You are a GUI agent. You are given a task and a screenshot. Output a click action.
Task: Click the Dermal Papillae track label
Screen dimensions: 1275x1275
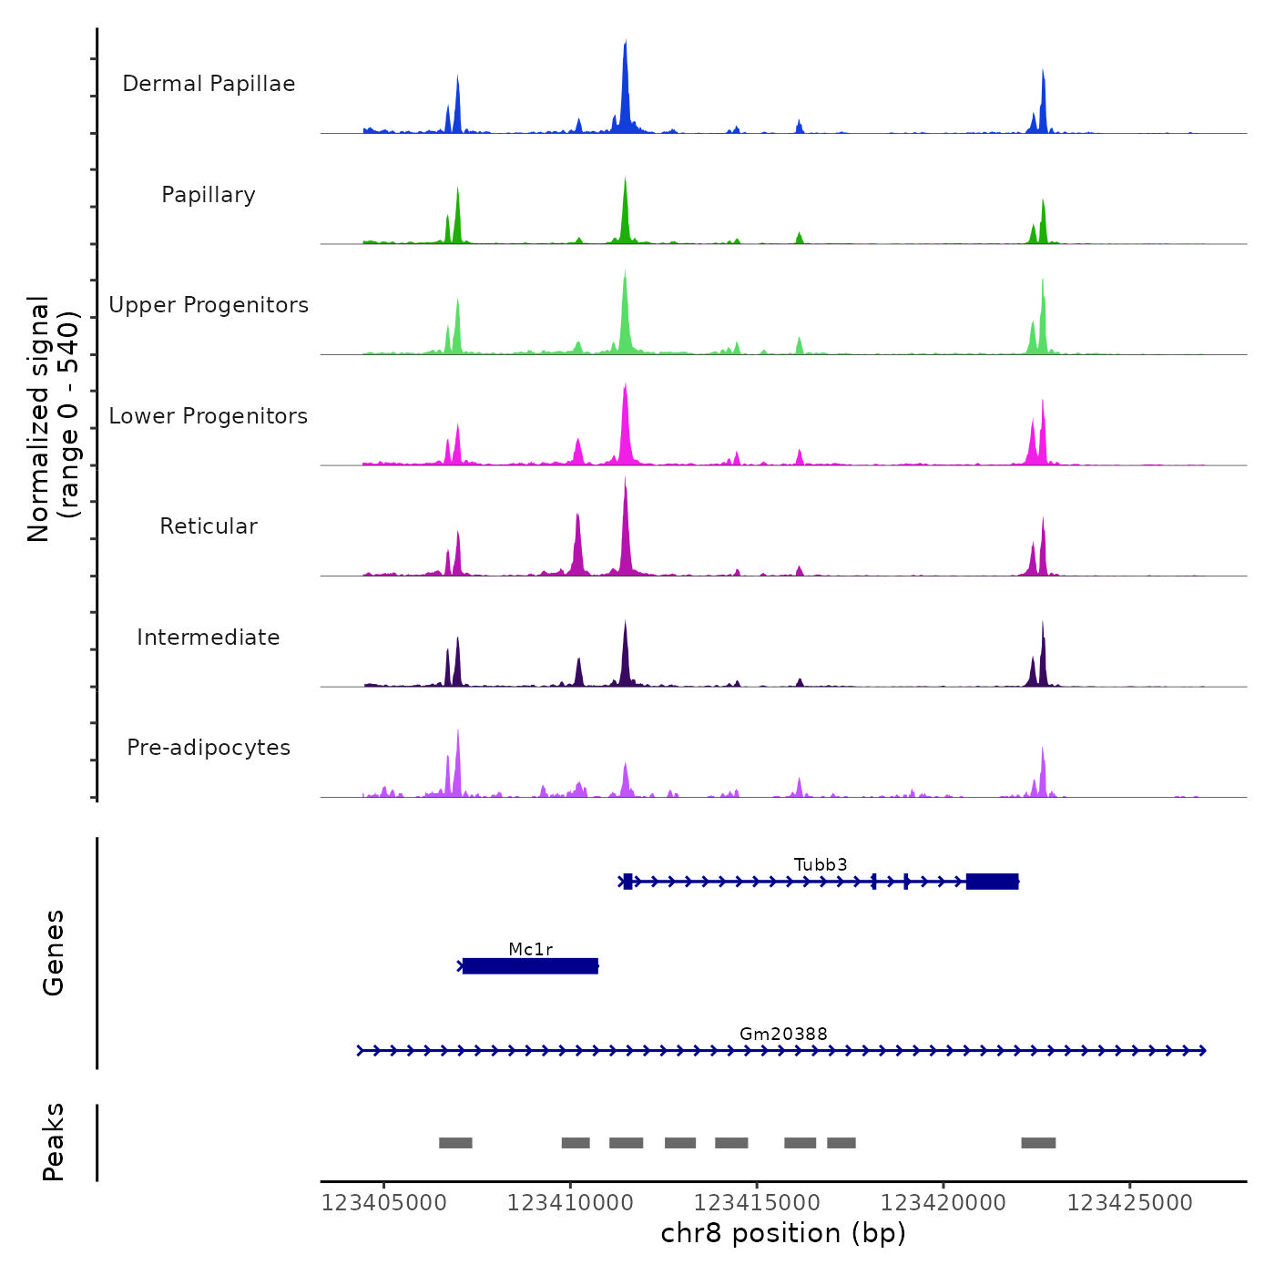[x=209, y=84]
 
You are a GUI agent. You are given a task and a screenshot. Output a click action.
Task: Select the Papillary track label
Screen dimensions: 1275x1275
[x=209, y=195]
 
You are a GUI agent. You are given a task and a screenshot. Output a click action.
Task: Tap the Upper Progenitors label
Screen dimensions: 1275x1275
[x=209, y=305]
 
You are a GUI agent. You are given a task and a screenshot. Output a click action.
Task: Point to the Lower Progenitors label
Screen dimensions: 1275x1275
[x=209, y=416]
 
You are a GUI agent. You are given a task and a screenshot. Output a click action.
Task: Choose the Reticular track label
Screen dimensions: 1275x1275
[x=209, y=526]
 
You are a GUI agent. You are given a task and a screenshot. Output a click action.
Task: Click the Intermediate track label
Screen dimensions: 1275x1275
[x=209, y=637]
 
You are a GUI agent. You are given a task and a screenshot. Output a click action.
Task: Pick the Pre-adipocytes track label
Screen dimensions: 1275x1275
[x=209, y=748]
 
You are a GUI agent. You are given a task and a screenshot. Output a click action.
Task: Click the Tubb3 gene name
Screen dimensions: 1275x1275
[x=821, y=864]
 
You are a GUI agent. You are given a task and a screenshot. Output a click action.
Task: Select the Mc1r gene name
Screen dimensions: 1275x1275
[x=531, y=949]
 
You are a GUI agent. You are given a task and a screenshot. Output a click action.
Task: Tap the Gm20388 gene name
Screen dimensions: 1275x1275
[x=783, y=1034]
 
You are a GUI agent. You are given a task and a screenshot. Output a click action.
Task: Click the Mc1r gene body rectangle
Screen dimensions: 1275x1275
[x=530, y=966]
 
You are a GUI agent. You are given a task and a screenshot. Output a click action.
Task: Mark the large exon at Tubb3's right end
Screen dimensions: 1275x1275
[x=992, y=882]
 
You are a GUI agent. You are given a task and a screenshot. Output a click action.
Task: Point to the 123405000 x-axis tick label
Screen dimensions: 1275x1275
[x=384, y=1203]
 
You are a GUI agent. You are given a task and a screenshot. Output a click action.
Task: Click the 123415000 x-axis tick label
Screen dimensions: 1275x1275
[x=757, y=1203]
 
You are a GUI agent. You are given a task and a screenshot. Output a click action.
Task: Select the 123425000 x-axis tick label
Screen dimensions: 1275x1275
[x=1129, y=1203]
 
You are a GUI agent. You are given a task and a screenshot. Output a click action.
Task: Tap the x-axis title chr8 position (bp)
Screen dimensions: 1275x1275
[x=783, y=1233]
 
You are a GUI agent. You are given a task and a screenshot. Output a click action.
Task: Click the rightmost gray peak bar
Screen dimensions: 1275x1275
[x=1038, y=1143]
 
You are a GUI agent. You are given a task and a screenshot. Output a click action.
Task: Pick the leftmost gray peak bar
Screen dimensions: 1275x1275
[x=455, y=1143]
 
